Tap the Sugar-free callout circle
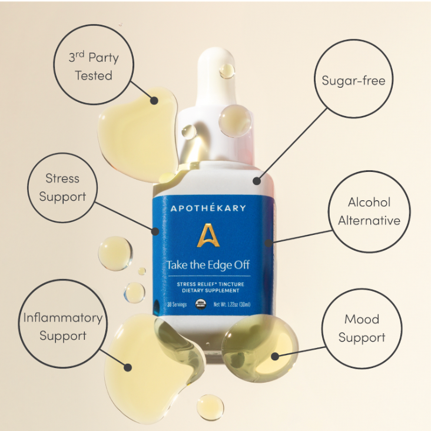(353, 79)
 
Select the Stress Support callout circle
(62, 187)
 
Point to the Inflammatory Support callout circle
(62, 327)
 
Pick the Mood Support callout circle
(362, 328)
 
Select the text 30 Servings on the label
(177, 304)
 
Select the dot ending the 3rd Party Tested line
(154, 101)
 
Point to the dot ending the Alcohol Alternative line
(268, 241)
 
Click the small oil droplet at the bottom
(210, 407)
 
